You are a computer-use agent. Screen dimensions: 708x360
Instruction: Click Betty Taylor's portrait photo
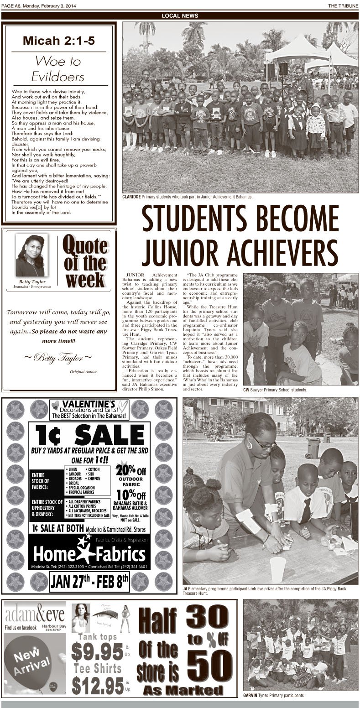point(30,255)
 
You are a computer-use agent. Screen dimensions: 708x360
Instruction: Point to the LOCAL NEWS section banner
point(180,16)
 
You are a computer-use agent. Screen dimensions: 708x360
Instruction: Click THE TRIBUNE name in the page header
point(343,5)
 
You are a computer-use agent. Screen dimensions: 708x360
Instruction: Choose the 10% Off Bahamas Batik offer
point(131,498)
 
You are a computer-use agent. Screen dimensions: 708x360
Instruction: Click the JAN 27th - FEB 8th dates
point(89,582)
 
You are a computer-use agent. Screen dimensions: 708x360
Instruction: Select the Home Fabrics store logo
point(89,553)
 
